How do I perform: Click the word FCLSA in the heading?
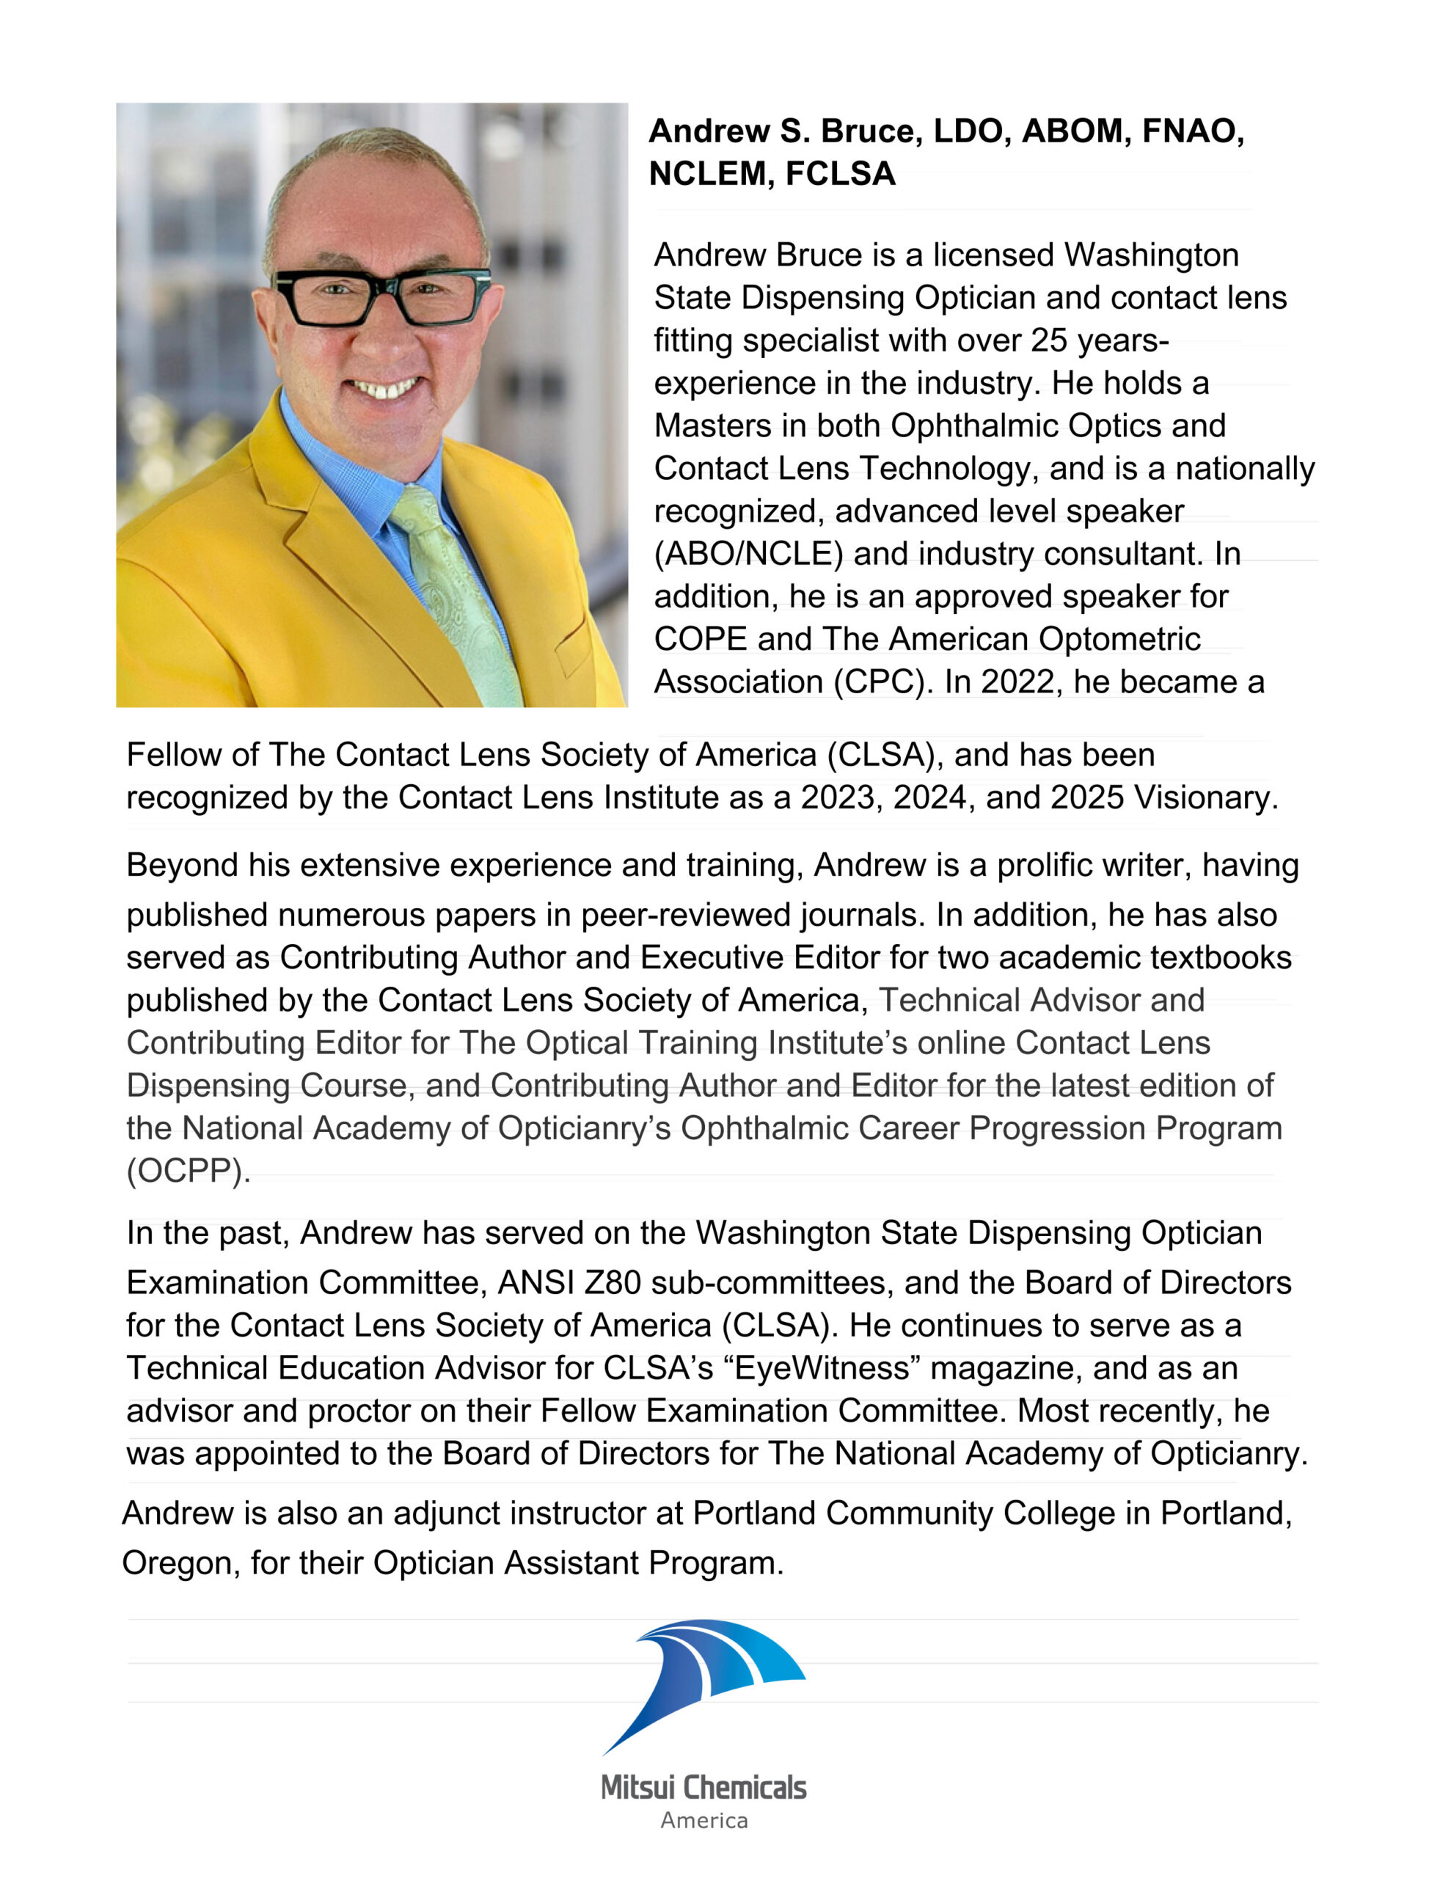[841, 174]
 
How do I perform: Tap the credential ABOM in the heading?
[1072, 131]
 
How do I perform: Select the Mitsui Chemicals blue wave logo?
[703, 1689]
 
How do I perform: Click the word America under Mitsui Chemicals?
[703, 1819]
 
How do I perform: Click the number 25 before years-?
[1048, 340]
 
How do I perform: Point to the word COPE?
[700, 639]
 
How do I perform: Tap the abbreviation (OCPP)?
[189, 1171]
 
